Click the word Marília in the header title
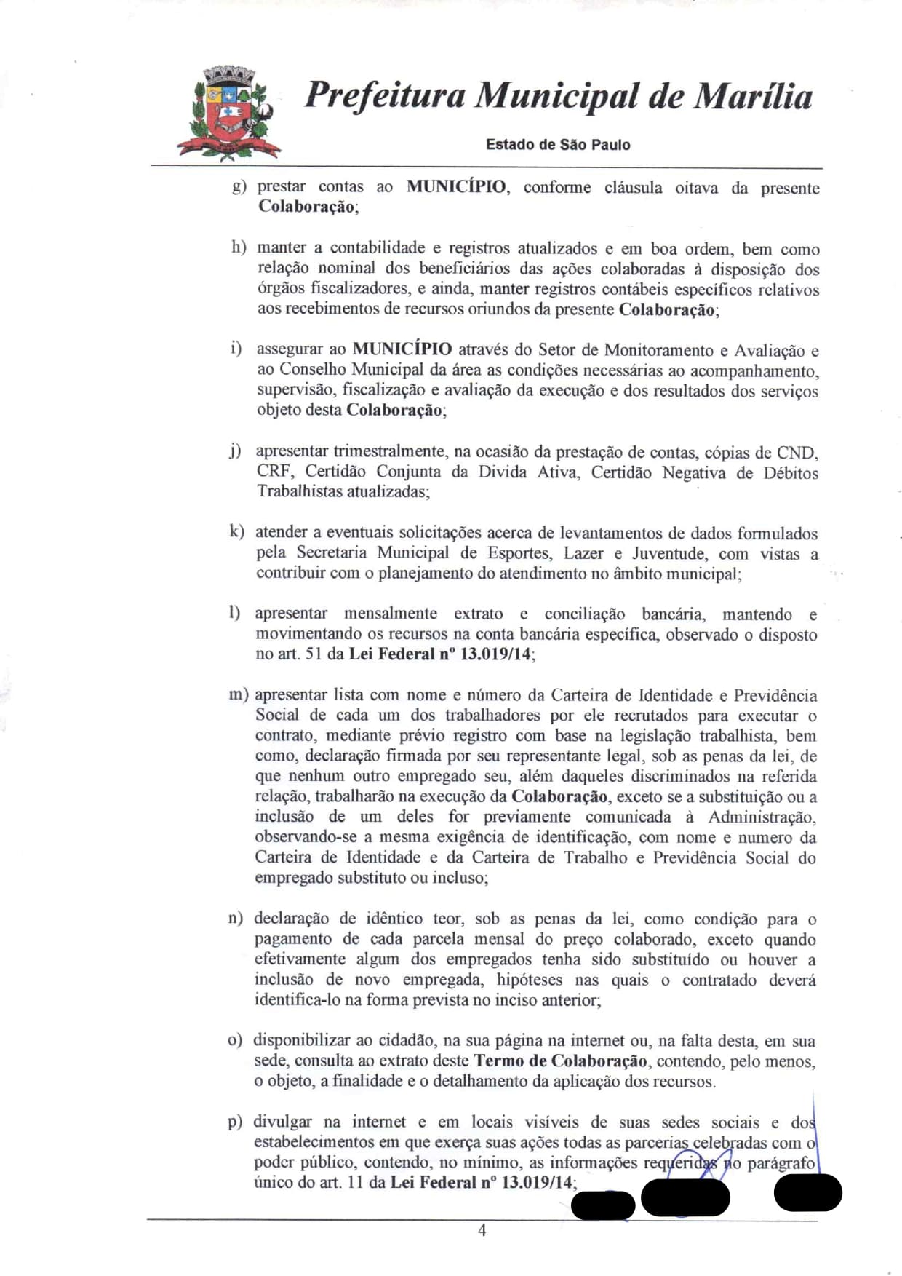tap(752, 97)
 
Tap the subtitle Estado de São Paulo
tap(558, 145)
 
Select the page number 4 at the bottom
tap(482, 1230)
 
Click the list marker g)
tap(239, 187)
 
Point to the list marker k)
tap(236, 532)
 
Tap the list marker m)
tap(239, 694)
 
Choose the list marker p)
tap(235, 1122)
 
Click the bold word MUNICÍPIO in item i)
tap(402, 349)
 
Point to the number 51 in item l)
tap(313, 654)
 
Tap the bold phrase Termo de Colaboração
tap(560, 1061)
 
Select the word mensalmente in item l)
tap(391, 614)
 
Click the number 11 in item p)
tap(355, 1183)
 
